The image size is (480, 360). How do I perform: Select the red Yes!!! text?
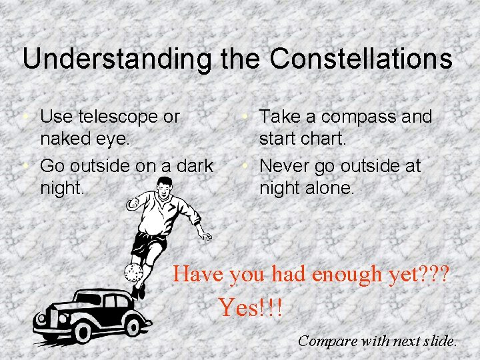pos(250,307)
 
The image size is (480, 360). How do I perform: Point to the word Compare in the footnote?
pos(327,341)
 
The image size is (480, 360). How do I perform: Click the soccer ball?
pos(133,273)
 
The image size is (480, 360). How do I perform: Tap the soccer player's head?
pos(163,189)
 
